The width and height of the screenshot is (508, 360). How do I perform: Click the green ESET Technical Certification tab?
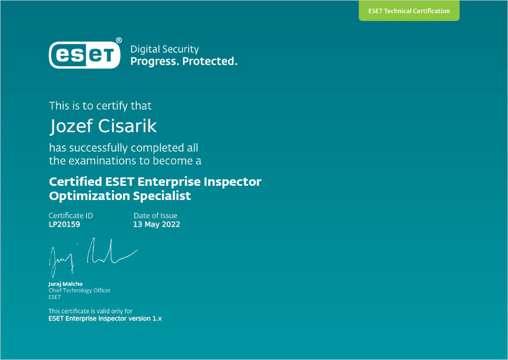(409, 11)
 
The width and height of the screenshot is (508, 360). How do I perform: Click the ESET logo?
(85, 55)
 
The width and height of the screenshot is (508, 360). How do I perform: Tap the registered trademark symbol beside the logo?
(119, 40)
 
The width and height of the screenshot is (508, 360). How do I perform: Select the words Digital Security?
(165, 49)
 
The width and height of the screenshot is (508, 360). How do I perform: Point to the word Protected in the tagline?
(210, 61)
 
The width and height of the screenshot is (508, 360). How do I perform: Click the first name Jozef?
(72, 126)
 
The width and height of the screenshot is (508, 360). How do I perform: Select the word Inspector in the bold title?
(232, 182)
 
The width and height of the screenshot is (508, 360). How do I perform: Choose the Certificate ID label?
(70, 216)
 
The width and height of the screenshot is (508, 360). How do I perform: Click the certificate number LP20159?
(64, 224)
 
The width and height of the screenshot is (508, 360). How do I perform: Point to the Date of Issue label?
(156, 216)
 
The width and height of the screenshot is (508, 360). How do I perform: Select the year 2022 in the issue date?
(171, 224)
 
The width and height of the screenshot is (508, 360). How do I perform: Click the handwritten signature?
(93, 258)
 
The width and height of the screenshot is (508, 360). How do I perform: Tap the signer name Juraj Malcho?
(65, 284)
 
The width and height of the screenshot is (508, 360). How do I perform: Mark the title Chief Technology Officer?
(79, 291)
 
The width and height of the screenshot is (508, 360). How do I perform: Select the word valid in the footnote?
(104, 312)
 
